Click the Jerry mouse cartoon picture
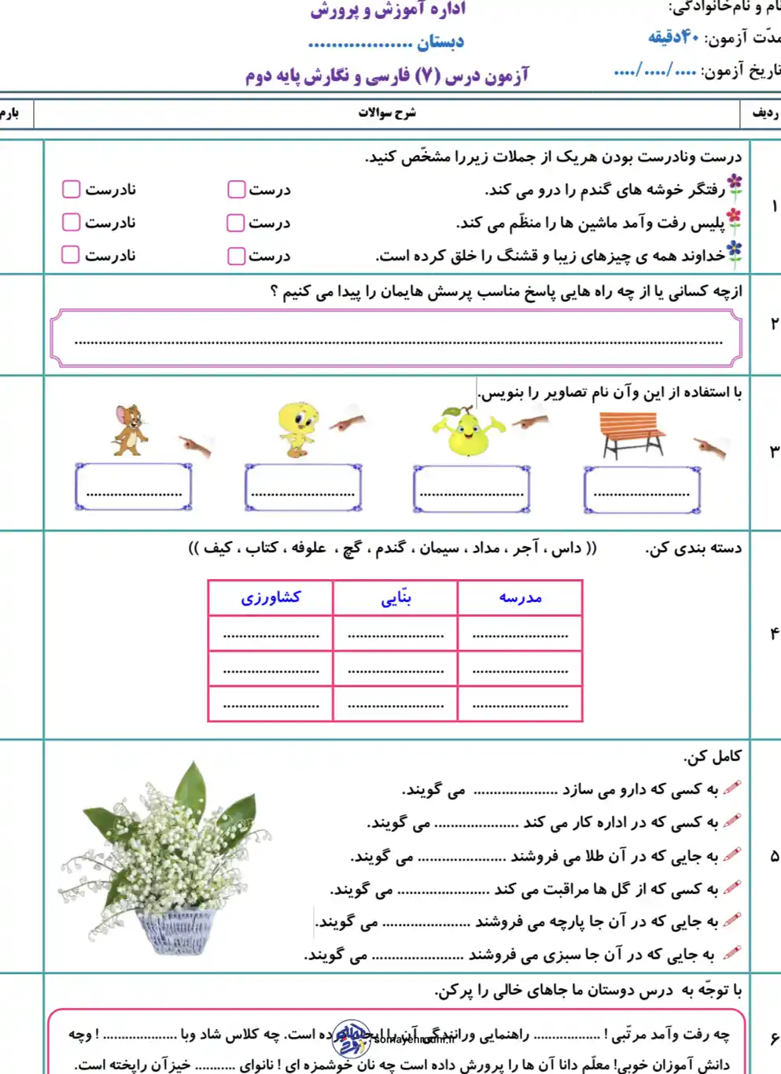coord(130,430)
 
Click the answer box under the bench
coord(642,489)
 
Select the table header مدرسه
coord(520,598)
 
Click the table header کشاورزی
coord(271,598)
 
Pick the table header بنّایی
coord(396,598)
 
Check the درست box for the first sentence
coord(236,190)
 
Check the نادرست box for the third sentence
coord(71,255)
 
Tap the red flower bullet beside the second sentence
coord(734,220)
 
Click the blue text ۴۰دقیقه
coord(673,37)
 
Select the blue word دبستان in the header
coord(440,42)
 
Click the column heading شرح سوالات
coord(387,113)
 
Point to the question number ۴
coord(774,633)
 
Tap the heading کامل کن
coord(713,756)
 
